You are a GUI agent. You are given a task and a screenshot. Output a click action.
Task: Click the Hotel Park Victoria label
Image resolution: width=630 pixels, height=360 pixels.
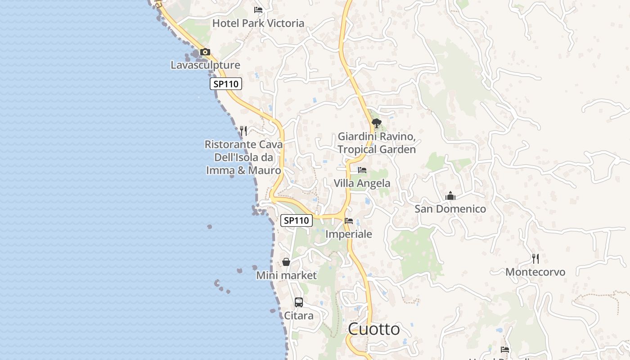pos(258,23)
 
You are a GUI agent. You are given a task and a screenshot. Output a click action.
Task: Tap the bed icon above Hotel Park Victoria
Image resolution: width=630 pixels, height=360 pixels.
pos(258,9)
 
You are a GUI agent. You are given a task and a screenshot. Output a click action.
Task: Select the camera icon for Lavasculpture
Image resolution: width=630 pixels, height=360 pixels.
pos(205,52)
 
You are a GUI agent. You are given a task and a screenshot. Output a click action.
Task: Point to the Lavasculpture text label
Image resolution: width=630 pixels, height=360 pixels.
pos(205,65)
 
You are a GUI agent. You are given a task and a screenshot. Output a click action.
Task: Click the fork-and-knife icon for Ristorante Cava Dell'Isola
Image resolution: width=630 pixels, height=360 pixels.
pos(243,131)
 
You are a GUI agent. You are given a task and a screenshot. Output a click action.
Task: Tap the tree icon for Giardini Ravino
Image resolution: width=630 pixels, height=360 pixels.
pos(377,123)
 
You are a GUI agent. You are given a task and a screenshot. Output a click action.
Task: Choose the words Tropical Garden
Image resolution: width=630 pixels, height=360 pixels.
pos(377,149)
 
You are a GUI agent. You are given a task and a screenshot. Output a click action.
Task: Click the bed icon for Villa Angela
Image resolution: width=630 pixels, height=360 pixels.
pos(362,170)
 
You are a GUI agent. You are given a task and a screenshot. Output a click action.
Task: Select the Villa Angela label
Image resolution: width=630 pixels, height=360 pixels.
pos(362,183)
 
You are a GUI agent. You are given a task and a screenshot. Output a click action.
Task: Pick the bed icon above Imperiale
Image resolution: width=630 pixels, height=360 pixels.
pos(349,221)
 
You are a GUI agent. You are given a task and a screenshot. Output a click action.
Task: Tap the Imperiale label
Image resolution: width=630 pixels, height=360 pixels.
pos(349,234)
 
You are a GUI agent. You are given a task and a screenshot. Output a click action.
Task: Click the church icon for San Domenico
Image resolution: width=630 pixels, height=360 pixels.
pos(450,196)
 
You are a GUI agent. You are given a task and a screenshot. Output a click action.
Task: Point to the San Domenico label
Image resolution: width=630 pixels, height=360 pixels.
pos(450,209)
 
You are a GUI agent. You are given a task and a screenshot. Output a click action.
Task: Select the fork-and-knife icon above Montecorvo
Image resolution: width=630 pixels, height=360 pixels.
pos(535,259)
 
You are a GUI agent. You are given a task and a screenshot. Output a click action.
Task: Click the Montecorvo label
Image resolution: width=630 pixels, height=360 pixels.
pos(535,272)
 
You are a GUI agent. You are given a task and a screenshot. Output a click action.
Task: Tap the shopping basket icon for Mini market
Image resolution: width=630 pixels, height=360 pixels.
pos(286,262)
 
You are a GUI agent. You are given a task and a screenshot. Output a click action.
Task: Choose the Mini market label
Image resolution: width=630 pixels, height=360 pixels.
pos(286,275)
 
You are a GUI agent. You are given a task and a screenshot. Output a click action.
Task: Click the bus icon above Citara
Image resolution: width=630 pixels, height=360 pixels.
pos(299,302)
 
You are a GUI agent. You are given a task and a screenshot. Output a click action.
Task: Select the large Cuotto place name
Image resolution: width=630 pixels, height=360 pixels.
pos(373,329)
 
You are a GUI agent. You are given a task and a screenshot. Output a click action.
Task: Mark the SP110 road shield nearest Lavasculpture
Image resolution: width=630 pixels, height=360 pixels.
pos(226,84)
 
